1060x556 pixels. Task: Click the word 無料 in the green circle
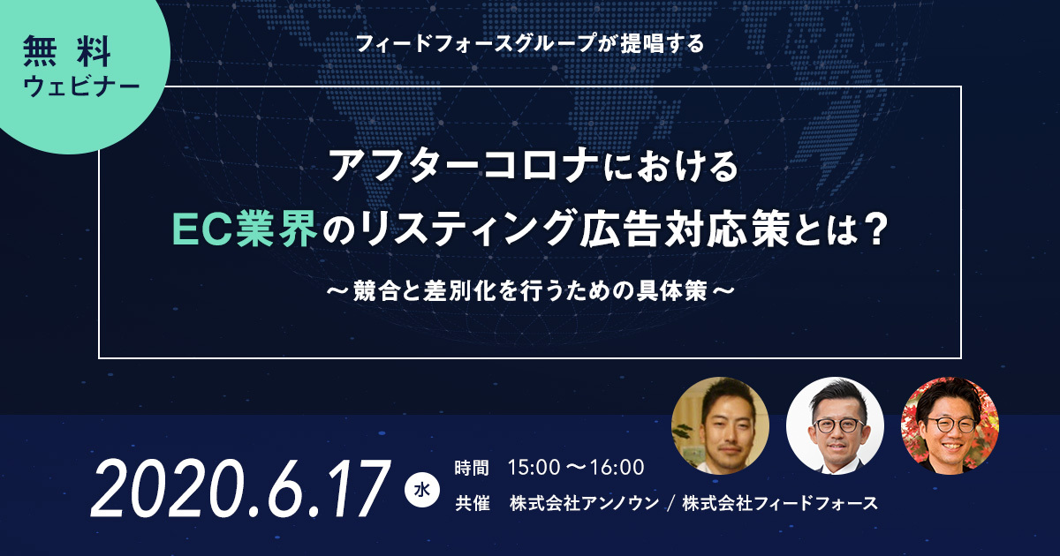[x=67, y=51]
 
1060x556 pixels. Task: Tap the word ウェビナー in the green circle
[x=81, y=86]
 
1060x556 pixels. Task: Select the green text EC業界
[x=245, y=229]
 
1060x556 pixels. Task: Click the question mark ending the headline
[x=872, y=229]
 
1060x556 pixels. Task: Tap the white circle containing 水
[x=422, y=491]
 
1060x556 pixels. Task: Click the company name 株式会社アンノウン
[x=584, y=503]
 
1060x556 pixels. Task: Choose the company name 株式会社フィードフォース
[x=780, y=503]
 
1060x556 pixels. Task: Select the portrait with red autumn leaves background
[x=950, y=425]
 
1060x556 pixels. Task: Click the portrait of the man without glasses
[x=720, y=425]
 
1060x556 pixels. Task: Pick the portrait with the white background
[x=836, y=425]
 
